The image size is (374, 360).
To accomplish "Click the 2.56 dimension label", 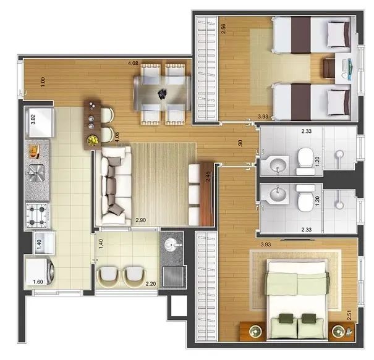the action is [x=223, y=28].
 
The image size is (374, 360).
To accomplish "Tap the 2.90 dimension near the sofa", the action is [x=141, y=220].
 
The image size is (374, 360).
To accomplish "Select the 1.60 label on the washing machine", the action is [x=38, y=282].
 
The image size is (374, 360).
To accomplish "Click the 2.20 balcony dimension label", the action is [x=151, y=284].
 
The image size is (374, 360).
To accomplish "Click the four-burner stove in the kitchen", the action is [x=38, y=216].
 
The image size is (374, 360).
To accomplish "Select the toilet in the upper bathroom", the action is [x=305, y=161].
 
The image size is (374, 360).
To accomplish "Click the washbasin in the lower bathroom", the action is [x=278, y=193].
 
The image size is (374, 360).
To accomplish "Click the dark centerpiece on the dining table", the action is [x=163, y=93].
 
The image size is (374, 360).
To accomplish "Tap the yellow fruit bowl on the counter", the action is [x=93, y=141].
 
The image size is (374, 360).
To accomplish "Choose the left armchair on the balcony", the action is [x=108, y=277].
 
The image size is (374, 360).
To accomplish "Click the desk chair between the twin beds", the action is [x=329, y=69].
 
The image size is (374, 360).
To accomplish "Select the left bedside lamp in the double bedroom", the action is [x=255, y=331].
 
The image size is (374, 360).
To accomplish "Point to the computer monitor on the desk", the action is [x=350, y=69].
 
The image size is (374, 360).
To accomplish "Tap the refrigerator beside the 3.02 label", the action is [x=41, y=122].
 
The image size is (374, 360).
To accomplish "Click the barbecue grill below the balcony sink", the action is [x=174, y=276].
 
